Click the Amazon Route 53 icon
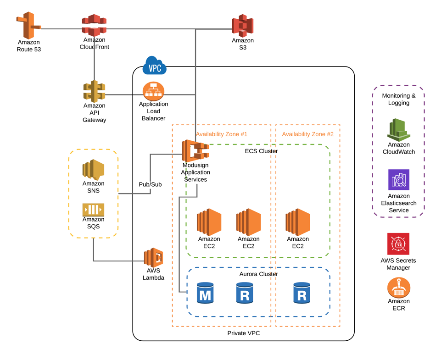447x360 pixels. tap(28, 26)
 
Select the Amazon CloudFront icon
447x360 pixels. tap(94, 25)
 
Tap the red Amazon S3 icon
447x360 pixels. tap(243, 26)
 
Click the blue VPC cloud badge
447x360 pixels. tap(155, 67)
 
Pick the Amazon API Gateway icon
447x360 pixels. tap(94, 91)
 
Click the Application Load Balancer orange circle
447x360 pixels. tap(153, 91)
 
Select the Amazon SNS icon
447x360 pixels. tap(93, 170)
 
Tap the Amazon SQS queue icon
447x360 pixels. tap(93, 210)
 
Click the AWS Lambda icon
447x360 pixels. tap(153, 258)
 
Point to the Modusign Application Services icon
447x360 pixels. tap(195, 151)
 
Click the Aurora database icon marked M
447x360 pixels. tap(205, 293)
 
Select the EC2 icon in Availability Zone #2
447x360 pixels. tap(298, 222)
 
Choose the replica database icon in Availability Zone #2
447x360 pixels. tap(302, 293)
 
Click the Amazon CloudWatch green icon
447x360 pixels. tap(398, 130)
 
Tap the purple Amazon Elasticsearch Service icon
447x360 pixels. tap(398, 180)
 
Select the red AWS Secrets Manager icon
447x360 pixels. tap(398, 244)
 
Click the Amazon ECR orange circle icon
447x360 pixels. tap(398, 288)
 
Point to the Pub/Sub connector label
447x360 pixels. tap(150, 184)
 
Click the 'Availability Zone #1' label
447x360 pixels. tap(221, 134)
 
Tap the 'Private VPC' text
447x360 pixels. tap(243, 333)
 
